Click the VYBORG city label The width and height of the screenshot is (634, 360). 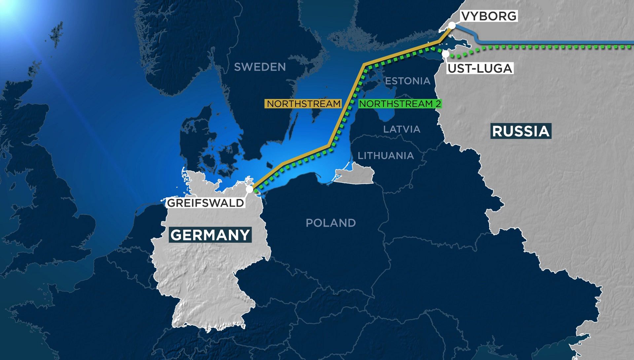tap(489, 16)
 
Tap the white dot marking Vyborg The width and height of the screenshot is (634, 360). tap(452, 26)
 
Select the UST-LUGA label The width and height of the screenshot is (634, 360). tap(479, 68)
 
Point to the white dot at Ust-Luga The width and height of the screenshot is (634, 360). tap(446, 54)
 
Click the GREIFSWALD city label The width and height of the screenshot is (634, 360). tap(205, 202)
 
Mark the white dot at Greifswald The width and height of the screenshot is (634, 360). tap(250, 190)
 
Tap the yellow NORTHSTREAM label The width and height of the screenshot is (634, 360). tap(303, 104)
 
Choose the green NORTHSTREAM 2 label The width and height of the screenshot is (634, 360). tap(400, 104)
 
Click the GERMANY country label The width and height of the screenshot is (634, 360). tap(210, 235)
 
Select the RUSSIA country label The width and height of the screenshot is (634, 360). tap(521, 131)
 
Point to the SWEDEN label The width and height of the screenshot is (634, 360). tap(260, 67)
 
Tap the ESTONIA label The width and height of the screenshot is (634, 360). tap(408, 81)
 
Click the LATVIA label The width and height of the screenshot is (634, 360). tap(402, 129)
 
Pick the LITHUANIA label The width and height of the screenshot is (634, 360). tap(386, 156)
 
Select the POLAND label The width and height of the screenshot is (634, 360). tap(331, 223)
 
